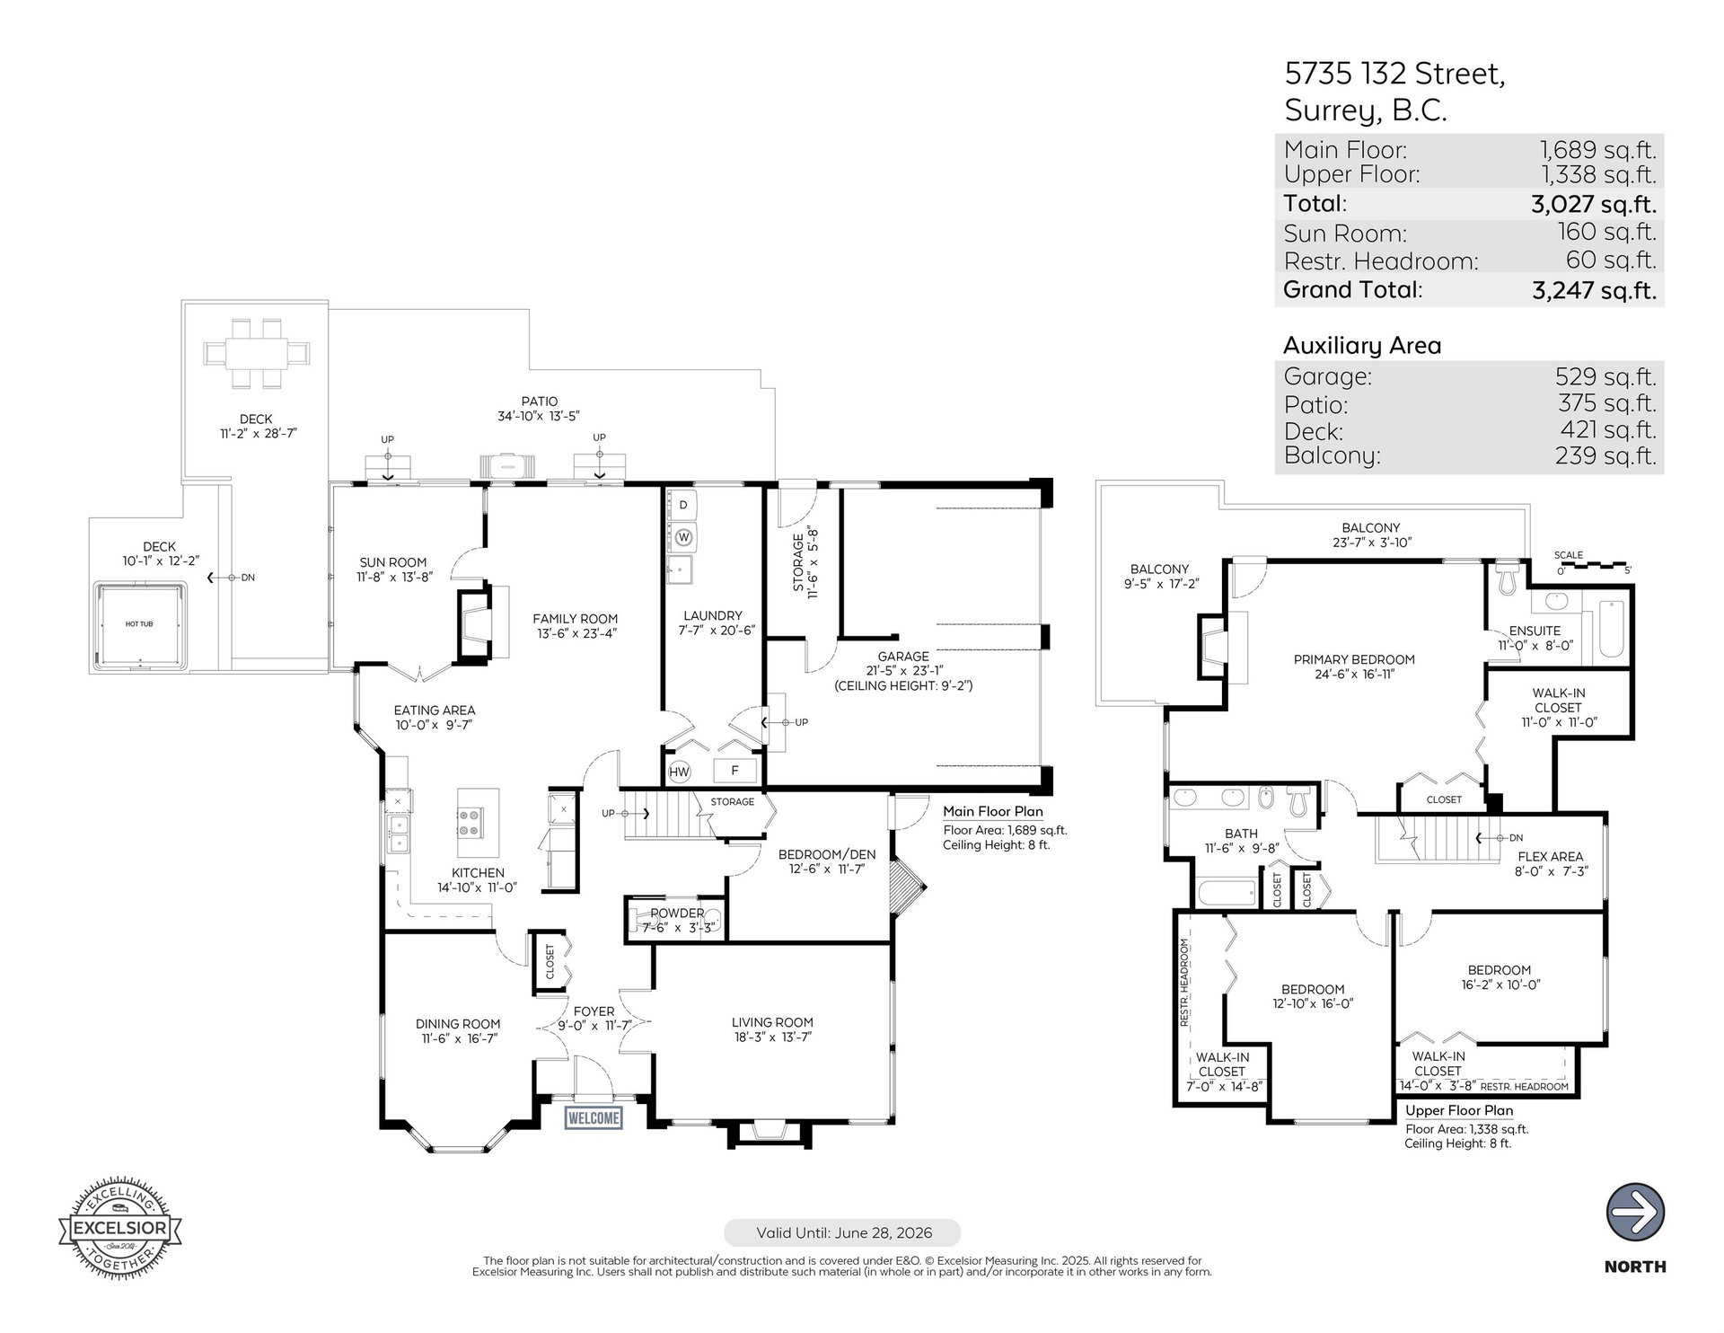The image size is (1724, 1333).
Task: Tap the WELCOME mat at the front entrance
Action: pyautogui.click(x=594, y=1117)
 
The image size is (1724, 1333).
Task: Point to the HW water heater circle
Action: pyautogui.click(x=680, y=772)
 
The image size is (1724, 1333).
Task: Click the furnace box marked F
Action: pyautogui.click(x=734, y=771)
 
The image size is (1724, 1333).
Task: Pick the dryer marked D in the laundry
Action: pyautogui.click(x=683, y=506)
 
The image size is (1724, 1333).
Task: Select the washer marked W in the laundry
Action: pyautogui.click(x=684, y=537)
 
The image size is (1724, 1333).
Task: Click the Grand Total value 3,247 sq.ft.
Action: pyautogui.click(x=1594, y=290)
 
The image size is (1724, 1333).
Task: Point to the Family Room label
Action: pyautogui.click(x=575, y=618)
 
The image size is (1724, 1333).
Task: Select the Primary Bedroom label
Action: pyautogui.click(x=1354, y=659)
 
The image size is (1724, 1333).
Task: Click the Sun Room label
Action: pyautogui.click(x=393, y=562)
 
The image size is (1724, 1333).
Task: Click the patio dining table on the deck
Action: pyautogui.click(x=255, y=353)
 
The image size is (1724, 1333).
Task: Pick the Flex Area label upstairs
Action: pyautogui.click(x=1551, y=856)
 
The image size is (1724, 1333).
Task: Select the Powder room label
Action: pyautogui.click(x=677, y=913)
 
